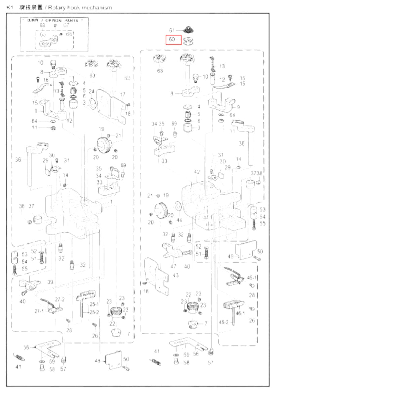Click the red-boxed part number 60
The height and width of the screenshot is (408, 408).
pyautogui.click(x=172, y=39)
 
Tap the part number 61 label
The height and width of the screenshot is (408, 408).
pyautogui.click(x=172, y=30)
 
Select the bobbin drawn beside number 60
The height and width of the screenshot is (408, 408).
pyautogui.click(x=188, y=40)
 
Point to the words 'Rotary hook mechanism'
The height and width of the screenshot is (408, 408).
pyautogui.click(x=80, y=7)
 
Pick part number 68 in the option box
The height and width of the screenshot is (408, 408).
pyautogui.click(x=42, y=25)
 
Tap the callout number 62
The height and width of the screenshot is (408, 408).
pyautogui.click(x=127, y=78)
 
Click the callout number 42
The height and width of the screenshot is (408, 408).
pyautogui.click(x=197, y=172)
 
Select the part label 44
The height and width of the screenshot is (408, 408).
pyautogui.click(x=179, y=220)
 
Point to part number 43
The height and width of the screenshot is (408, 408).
pyautogui.click(x=176, y=275)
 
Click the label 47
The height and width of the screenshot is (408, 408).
pyautogui.click(x=173, y=266)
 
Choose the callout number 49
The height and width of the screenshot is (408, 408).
pyautogui.click(x=230, y=256)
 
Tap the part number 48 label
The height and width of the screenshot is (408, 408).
pyautogui.click(x=97, y=361)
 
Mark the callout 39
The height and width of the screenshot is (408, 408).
pyautogui.click(x=50, y=282)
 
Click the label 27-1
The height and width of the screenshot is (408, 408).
pyautogui.click(x=39, y=311)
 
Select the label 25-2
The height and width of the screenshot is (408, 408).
pyautogui.click(x=94, y=312)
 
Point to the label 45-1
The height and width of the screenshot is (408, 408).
pyautogui.click(x=252, y=278)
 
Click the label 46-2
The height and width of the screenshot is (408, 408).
pyautogui.click(x=223, y=322)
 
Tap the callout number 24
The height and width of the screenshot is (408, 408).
pyautogui.click(x=91, y=91)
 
